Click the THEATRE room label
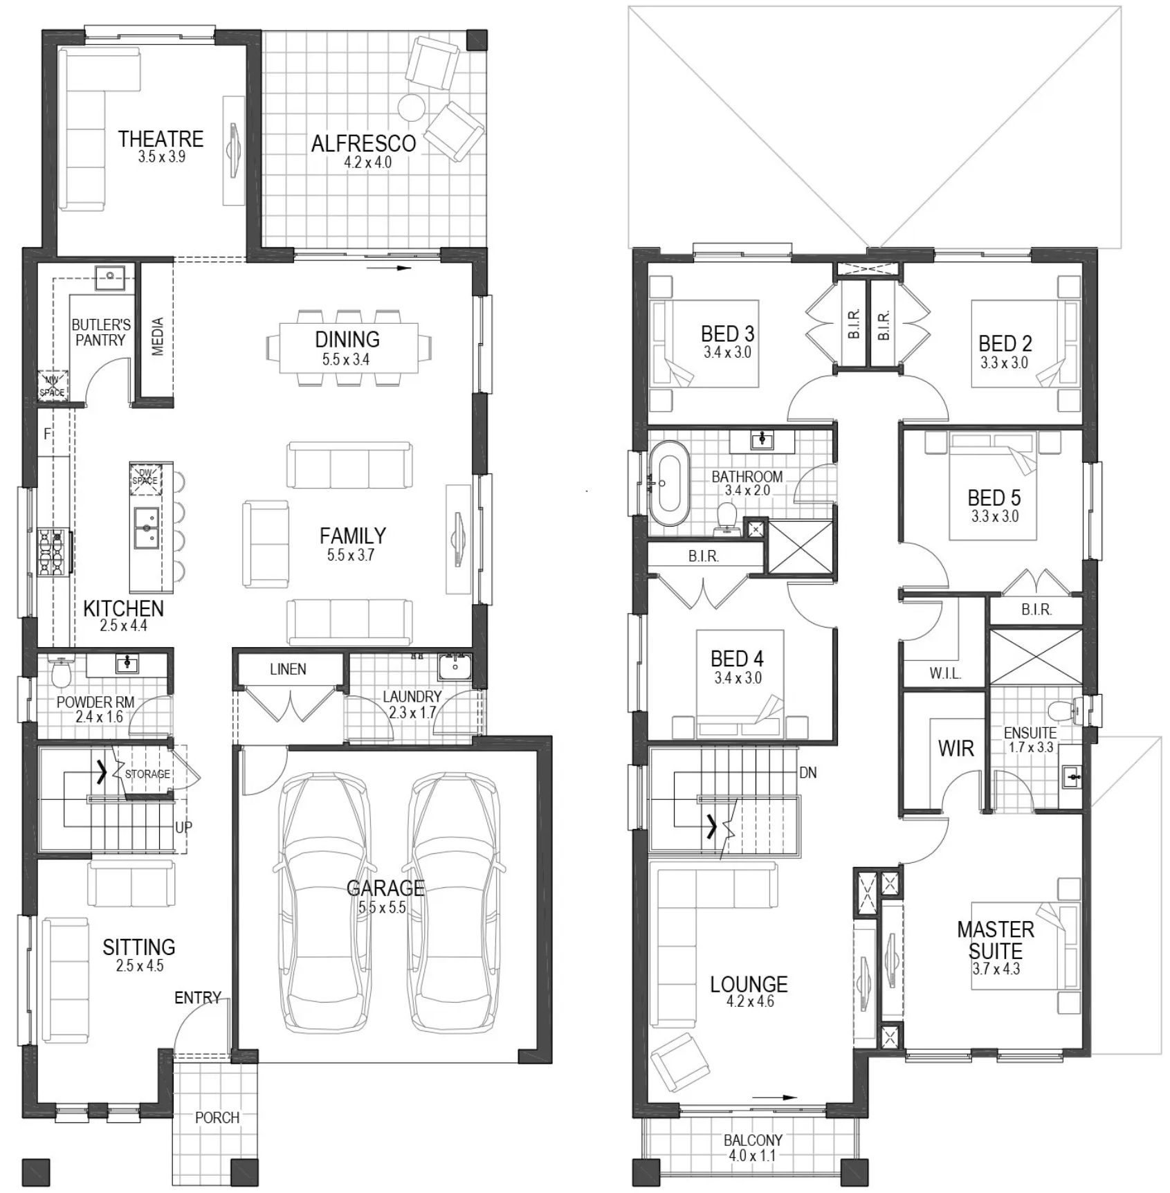pyautogui.click(x=161, y=139)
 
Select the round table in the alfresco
pyautogui.click(x=412, y=107)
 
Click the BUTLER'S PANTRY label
pyautogui.click(x=101, y=332)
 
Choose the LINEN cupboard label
pyautogui.click(x=288, y=669)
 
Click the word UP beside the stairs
pyautogui.click(x=183, y=827)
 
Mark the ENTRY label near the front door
pyautogui.click(x=198, y=997)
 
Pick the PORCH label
pyautogui.click(x=217, y=1117)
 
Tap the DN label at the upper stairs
pyautogui.click(x=808, y=772)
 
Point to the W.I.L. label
pyautogui.click(x=945, y=673)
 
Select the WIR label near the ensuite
pyautogui.click(x=956, y=748)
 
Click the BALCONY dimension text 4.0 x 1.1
pyautogui.click(x=752, y=1155)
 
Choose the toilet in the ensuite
pyautogui.click(x=1066, y=709)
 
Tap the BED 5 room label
pyautogui.click(x=994, y=498)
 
